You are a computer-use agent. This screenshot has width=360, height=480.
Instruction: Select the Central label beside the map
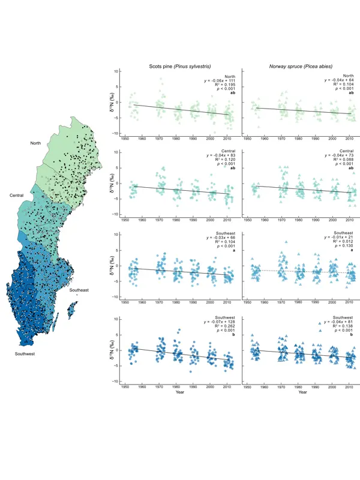click(x=17, y=196)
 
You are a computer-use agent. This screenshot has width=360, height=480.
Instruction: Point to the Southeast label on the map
click(x=79, y=290)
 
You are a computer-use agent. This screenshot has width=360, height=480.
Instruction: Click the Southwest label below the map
click(x=25, y=354)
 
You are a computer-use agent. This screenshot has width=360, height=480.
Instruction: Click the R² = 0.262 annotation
click(x=223, y=334)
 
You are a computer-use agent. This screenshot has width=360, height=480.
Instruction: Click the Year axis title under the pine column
click(x=181, y=393)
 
